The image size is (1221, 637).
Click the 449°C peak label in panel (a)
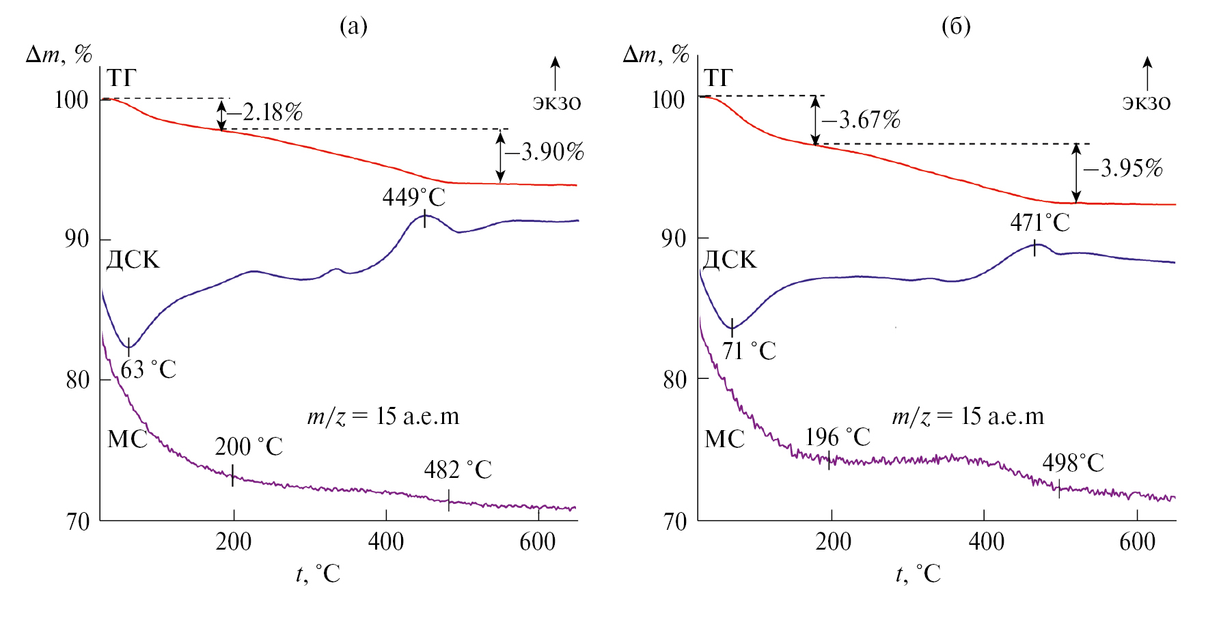pos(413,197)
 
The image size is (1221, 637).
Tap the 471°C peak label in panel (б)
pos(1040,223)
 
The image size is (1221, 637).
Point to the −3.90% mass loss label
pos(545,152)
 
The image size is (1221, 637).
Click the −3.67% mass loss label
pos(862,120)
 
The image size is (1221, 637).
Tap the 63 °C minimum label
pos(148,369)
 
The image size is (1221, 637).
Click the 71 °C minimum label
pos(749,351)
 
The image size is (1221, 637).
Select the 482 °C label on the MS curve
pos(458,470)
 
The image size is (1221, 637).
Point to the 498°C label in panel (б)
pos(1073,463)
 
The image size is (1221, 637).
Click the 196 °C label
pos(838,437)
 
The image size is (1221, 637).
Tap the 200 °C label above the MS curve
pos(249,447)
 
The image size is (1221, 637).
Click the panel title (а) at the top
pos(353,26)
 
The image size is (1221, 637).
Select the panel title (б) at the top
pos(956,26)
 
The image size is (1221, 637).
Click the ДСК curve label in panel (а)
pos(133,260)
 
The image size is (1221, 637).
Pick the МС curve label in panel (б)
pos(724,439)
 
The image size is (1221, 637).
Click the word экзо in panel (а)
pos(556,103)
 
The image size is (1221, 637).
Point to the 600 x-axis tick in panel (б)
pos(1137,542)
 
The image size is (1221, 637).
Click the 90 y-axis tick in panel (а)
pos(77,239)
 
